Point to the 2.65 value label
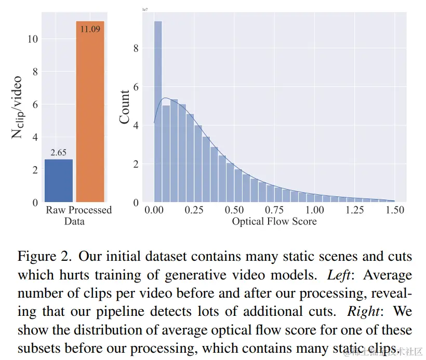(59, 153)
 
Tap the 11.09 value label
(90, 28)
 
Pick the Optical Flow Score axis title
(274, 222)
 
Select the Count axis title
(125, 107)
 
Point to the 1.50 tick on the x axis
(395, 210)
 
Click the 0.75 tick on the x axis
(274, 210)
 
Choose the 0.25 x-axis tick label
(194, 210)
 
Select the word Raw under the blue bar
(55, 210)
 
